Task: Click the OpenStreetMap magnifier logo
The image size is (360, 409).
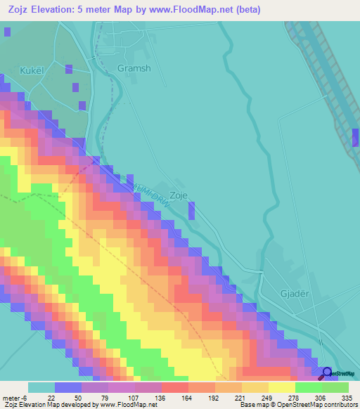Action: tap(326, 372)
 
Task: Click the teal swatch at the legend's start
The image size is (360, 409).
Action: tap(41, 387)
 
